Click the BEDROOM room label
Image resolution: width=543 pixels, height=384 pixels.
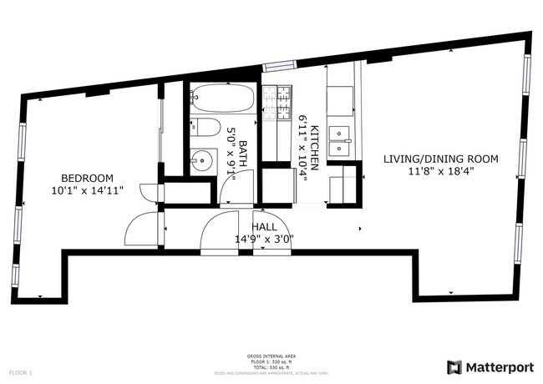(x=87, y=178)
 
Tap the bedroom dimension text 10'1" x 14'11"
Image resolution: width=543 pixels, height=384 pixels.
(x=87, y=190)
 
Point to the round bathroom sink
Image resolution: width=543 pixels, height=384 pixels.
(x=201, y=160)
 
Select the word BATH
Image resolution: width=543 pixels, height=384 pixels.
(x=243, y=154)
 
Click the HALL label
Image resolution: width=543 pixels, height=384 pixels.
(x=264, y=226)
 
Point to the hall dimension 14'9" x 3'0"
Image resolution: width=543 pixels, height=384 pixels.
(x=264, y=239)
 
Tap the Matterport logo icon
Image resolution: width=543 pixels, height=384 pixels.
(x=454, y=366)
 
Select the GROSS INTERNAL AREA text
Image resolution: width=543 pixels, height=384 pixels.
(x=269, y=355)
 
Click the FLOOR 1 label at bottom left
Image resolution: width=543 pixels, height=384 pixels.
(x=20, y=371)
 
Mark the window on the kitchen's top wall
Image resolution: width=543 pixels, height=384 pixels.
(x=279, y=65)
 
